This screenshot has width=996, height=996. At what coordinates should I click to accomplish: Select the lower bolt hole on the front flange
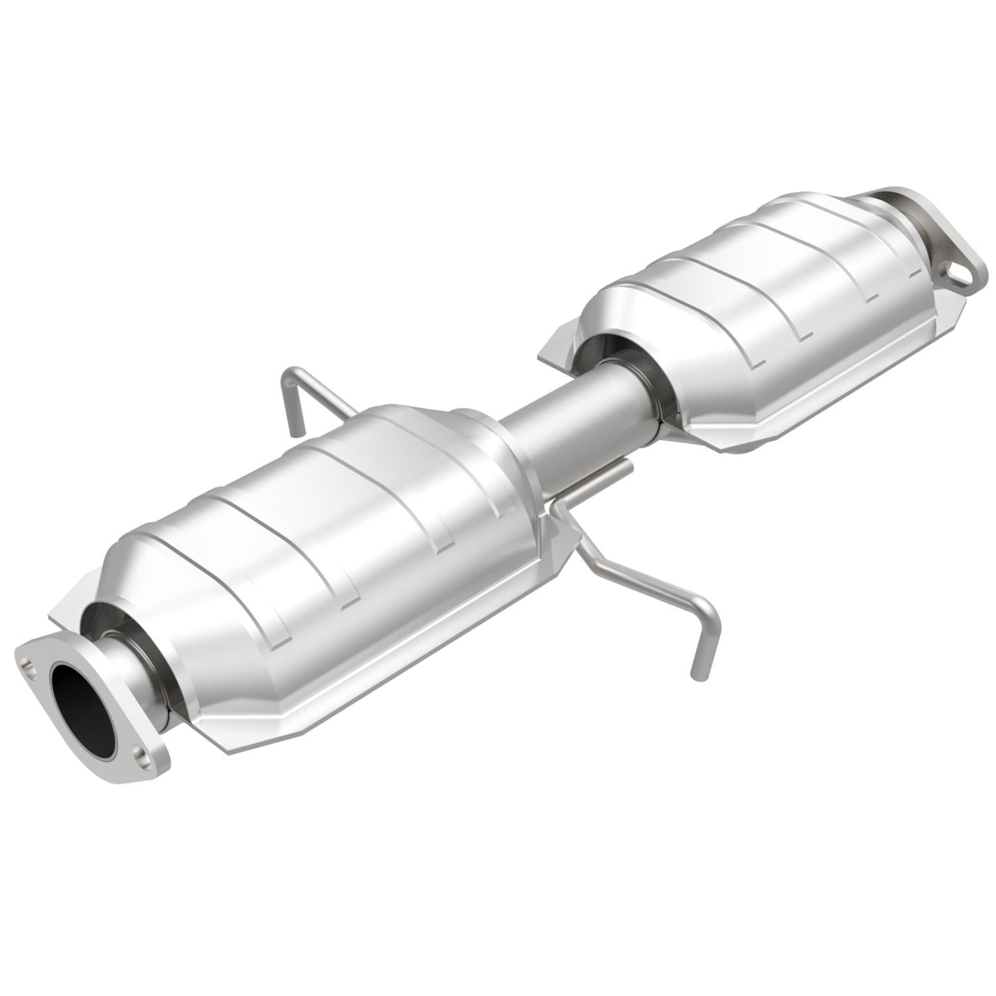(x=140, y=756)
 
